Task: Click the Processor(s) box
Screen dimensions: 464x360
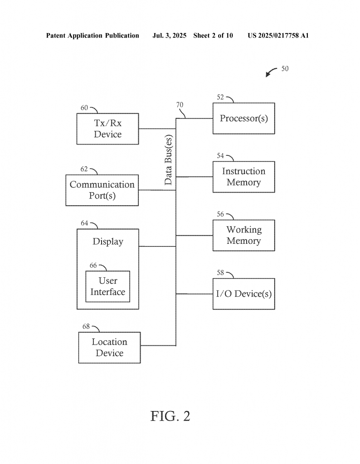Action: (243, 118)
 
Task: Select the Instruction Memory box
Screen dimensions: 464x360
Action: (243, 177)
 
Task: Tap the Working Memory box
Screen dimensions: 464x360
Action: (243, 235)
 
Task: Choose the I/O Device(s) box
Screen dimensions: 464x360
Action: (243, 294)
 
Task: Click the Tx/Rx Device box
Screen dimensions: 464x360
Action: (107, 129)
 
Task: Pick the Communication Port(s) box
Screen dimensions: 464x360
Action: (102, 190)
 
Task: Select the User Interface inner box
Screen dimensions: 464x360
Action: (107, 286)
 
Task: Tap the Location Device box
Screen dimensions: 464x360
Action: (109, 348)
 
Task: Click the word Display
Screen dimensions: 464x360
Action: (108, 242)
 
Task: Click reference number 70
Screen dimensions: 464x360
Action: (180, 105)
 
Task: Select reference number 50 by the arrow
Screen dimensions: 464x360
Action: (285, 69)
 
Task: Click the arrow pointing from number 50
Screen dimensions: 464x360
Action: (271, 72)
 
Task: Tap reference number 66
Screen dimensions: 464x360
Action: (93, 266)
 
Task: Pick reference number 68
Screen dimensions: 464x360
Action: (86, 326)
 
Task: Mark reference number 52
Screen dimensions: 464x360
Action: (220, 97)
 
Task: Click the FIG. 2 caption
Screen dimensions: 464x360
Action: (170, 416)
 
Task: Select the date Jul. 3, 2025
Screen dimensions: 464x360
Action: (170, 35)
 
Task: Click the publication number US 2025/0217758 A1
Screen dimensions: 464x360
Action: (278, 35)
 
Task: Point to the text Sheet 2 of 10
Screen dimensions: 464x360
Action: (213, 35)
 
